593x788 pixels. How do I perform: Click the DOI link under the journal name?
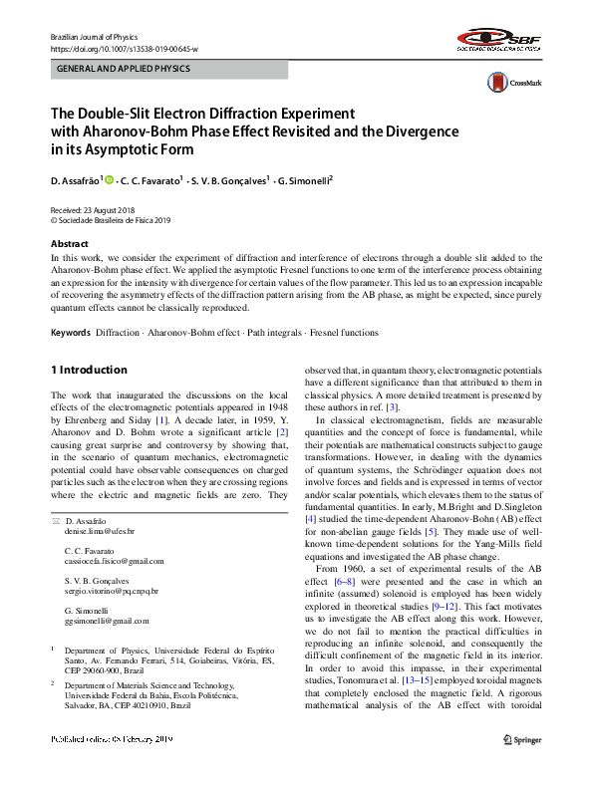click(x=124, y=48)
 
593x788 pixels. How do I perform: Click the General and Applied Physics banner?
click(x=169, y=70)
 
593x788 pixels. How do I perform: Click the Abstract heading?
click(x=71, y=244)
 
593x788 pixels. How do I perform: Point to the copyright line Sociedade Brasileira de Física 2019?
click(x=115, y=220)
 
